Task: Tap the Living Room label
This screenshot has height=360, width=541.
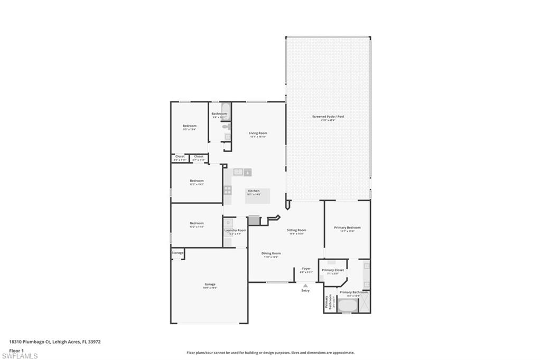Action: point(258,133)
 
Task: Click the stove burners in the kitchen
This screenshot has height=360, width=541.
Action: point(228,189)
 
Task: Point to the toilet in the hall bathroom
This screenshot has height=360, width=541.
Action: point(226,127)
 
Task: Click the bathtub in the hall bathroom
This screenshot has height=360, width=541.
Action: point(225,111)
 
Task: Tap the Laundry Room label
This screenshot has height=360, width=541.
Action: point(235,230)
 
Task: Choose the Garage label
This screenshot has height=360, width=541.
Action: point(210,285)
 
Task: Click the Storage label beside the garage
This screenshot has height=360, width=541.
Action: point(178,253)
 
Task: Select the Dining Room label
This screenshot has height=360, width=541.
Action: point(271,253)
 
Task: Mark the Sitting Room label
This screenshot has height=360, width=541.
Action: point(296,230)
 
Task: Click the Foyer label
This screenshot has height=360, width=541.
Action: point(306,269)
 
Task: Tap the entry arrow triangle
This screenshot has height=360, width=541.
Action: point(305,286)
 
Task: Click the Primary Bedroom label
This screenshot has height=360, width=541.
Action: point(347,228)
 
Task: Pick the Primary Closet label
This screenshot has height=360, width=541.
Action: point(333,270)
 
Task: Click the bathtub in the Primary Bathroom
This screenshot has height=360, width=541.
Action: point(348,306)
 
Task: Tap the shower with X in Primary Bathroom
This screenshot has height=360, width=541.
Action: point(365,301)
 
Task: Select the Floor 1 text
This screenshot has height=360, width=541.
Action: point(17,350)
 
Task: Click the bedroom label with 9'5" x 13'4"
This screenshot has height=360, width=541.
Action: point(190,126)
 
